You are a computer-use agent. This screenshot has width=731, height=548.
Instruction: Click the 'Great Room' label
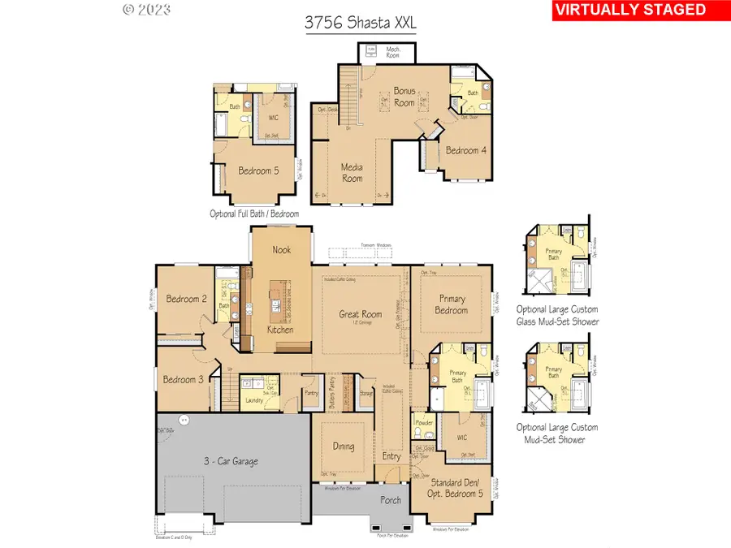pos(360,314)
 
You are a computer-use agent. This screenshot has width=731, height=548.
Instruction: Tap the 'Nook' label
pos(282,250)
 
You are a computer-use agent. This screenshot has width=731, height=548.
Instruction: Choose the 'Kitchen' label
pos(280,330)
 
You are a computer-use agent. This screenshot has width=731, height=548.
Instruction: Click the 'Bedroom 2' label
pos(187,299)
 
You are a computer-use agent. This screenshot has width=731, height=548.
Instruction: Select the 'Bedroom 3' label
pos(184,379)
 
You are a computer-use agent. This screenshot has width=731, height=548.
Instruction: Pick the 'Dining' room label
pos(344,446)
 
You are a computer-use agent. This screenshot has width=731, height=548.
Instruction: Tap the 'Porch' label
pos(391,500)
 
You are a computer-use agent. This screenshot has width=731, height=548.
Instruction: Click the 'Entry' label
pos(391,456)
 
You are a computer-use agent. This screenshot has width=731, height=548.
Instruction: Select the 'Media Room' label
pos(352,172)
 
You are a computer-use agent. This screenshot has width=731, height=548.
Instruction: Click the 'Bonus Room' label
pos(404,97)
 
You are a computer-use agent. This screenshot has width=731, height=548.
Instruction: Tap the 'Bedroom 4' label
pos(466,151)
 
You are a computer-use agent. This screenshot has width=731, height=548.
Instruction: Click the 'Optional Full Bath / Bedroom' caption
pos(254,214)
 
